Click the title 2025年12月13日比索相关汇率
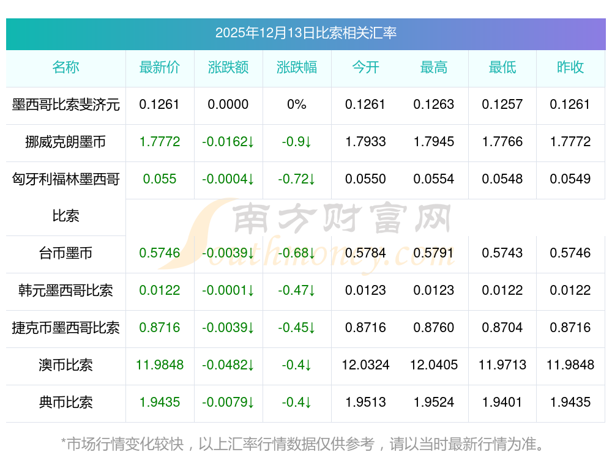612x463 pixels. pos(305,32)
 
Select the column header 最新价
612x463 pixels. pos(160,67)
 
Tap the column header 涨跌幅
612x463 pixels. pos(297,67)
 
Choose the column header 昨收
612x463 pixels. pos(570,67)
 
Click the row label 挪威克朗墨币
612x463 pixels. pos(65,142)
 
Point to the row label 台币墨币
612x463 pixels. pos(65,253)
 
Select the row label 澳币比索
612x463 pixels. pos(65,365)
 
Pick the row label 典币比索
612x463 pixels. pos(65,402)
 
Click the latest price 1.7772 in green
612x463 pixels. pos(160,142)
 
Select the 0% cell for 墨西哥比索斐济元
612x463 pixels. pos(297,105)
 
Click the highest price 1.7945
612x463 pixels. pos(434,142)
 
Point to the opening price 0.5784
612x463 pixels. pos(365,253)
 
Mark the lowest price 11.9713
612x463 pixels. pos(502,365)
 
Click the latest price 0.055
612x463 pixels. pos(160,179)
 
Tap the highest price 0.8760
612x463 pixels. pos(434,328)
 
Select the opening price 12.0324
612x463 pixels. pos(365,365)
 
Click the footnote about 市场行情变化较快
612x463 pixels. pos(302,444)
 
